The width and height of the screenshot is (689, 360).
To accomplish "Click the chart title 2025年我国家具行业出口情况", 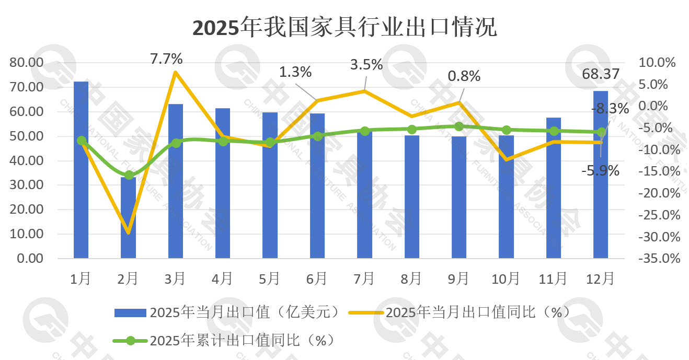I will [x=344, y=28].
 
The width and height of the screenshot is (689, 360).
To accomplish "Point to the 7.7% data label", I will [x=166, y=59].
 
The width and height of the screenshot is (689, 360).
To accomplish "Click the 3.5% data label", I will [x=366, y=65].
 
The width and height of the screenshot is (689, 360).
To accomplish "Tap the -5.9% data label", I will [x=601, y=170].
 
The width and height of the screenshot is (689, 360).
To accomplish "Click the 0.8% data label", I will [x=464, y=76].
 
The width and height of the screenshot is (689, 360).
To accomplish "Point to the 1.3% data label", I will [x=295, y=71].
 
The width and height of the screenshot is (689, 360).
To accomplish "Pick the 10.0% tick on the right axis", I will [x=658, y=63].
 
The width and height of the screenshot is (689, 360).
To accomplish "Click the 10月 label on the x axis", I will [x=506, y=278].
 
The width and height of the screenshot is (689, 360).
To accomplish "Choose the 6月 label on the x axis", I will [x=317, y=278].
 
